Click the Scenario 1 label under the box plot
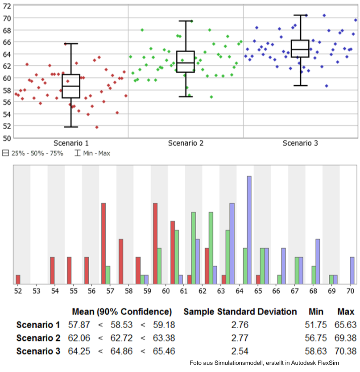(x=71, y=143)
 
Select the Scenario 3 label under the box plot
(x=300, y=143)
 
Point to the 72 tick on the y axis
(x=7, y=6)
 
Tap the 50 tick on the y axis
(x=7, y=138)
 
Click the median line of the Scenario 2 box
(x=186, y=63)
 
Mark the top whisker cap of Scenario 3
(x=301, y=15)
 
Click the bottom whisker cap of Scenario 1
(x=71, y=127)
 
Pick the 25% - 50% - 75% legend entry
(x=33, y=153)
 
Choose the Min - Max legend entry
(x=92, y=153)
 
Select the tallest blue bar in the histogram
(x=249, y=230)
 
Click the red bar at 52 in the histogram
(x=18, y=280)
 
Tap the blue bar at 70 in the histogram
(x=352, y=271)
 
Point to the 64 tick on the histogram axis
(x=240, y=291)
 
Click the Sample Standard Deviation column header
(x=240, y=312)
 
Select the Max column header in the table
(x=346, y=312)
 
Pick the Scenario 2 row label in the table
(x=38, y=338)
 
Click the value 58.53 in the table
(x=121, y=325)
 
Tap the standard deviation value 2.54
(x=240, y=351)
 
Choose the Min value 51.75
(x=316, y=325)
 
